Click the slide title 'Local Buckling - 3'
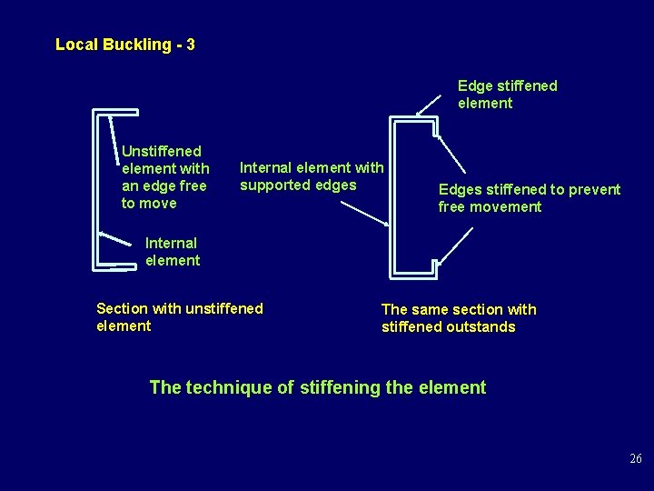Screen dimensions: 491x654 coord(124,45)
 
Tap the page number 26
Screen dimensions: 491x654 coord(636,458)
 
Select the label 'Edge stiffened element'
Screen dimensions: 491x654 coord(507,95)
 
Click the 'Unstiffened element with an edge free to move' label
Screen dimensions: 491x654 coord(165,177)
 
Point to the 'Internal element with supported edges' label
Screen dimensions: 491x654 coord(312,176)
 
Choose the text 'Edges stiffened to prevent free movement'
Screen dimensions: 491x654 coord(529,198)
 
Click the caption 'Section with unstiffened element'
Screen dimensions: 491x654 coord(179,317)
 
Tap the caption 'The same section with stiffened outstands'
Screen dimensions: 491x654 coord(459,318)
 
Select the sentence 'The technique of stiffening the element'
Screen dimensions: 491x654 coord(317,387)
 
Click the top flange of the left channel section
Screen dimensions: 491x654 coord(116,112)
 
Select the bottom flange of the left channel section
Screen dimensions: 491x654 coord(115,267)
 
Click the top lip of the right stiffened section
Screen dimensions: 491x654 coord(437,127)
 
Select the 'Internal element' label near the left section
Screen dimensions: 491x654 coord(172,252)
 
